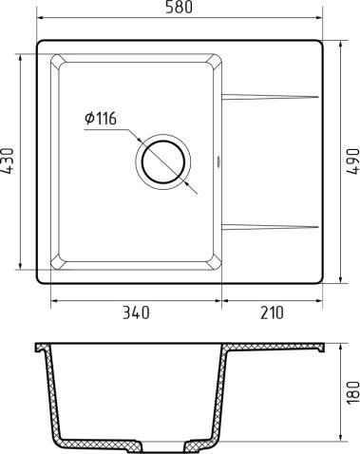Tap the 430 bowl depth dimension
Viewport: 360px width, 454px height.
tap(9, 162)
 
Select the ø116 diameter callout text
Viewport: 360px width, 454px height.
tap(100, 119)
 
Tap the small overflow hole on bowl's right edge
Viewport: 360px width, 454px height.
tap(222, 161)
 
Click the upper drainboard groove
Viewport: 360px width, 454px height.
tap(271, 96)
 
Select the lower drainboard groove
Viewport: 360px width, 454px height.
tap(271, 225)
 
